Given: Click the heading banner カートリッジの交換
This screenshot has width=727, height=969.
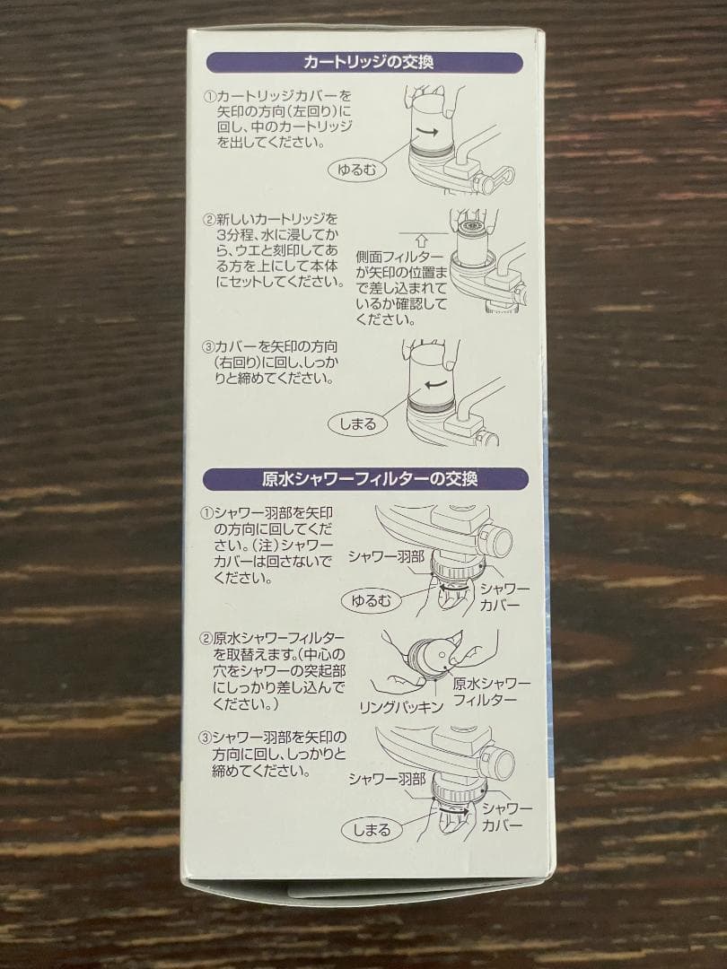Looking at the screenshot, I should [363, 62].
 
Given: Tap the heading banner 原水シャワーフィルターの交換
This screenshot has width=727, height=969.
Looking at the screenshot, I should [363, 478].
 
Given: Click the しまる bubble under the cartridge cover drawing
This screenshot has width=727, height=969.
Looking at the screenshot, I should [358, 423].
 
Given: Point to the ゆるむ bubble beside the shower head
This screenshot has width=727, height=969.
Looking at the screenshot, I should [371, 600].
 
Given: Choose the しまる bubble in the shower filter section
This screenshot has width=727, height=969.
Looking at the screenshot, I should [372, 829].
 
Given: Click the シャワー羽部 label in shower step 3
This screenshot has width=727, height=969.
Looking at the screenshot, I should [387, 779].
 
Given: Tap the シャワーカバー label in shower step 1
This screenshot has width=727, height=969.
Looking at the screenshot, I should [504, 597].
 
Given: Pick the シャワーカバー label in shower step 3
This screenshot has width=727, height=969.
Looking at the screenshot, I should [509, 817].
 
